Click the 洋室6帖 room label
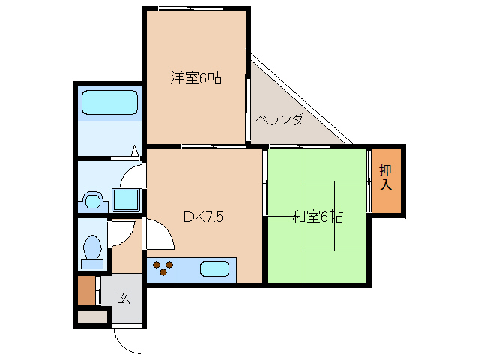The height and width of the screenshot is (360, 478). pos(196,77)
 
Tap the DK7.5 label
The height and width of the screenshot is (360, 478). pos(204,217)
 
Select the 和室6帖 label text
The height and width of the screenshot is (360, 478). pos(317,217)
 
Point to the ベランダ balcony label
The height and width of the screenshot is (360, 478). pos(279,119)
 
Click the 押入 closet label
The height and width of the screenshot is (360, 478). pos(385,177)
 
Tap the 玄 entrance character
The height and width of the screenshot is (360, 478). pos(124,297)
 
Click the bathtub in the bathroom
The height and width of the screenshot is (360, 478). pos(109,104)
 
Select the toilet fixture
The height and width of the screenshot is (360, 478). pos(93,249)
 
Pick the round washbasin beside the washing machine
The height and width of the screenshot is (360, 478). pos(93,201)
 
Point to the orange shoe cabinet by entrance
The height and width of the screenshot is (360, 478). pos(87,291)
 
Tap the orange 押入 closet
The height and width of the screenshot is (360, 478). pos(386,180)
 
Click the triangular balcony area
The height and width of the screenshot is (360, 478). pos(285,112)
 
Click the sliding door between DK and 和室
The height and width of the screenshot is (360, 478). pos(264,184)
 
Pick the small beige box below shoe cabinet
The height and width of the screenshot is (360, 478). pos(92,316)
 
